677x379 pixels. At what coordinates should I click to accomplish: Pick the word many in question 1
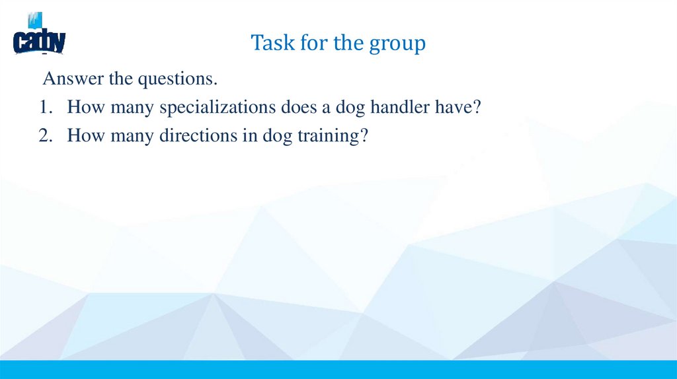121,108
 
